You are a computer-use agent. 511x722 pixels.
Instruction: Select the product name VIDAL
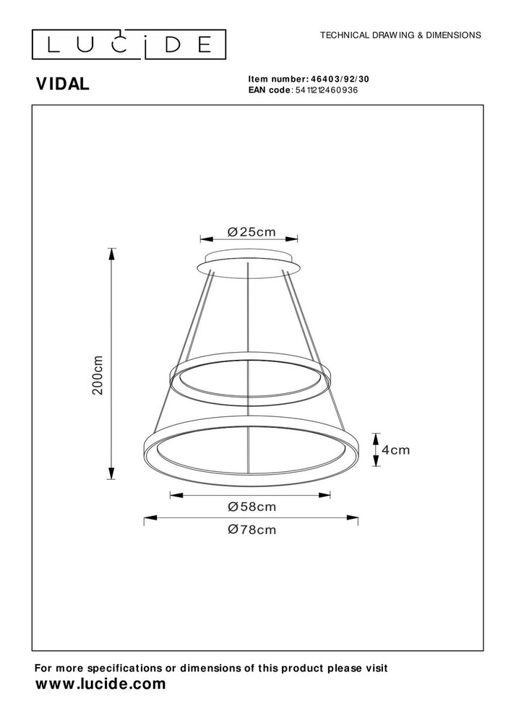pos(63,84)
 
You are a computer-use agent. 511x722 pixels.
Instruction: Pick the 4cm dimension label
pos(395,450)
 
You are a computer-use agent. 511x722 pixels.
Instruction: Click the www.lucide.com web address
pos(101,684)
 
